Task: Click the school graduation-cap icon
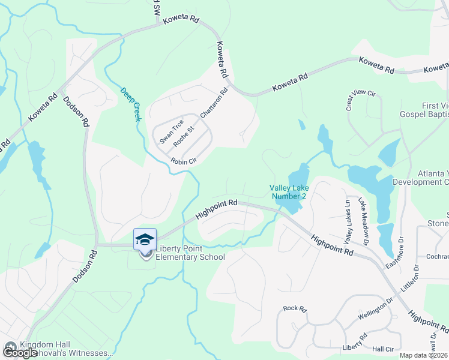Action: click(145, 239)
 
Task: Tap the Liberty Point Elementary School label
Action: click(190, 253)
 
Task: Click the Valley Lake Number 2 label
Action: click(288, 192)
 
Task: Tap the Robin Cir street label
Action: click(184, 161)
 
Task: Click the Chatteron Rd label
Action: click(214, 103)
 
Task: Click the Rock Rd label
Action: click(295, 308)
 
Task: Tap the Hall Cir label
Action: click(382, 349)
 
